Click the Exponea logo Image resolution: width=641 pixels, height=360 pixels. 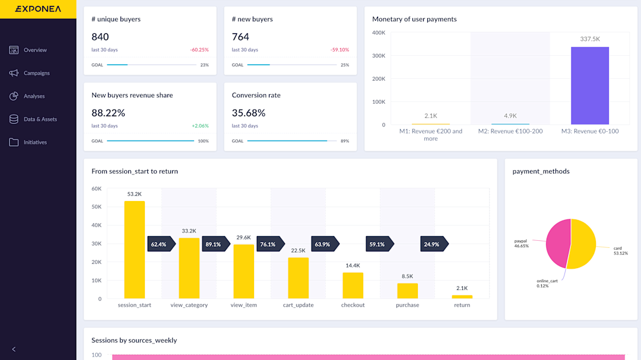(x=37, y=9)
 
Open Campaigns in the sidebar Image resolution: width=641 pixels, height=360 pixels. (x=36, y=73)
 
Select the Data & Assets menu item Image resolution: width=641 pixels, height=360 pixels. (x=40, y=119)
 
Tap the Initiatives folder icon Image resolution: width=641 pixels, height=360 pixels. (x=14, y=142)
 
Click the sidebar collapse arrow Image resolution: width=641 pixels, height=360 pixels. (x=14, y=349)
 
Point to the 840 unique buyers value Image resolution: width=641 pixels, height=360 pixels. (x=100, y=37)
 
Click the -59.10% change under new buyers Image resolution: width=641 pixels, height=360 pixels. (x=339, y=50)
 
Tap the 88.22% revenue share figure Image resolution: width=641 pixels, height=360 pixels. (x=109, y=113)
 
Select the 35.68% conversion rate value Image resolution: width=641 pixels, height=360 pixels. (x=249, y=113)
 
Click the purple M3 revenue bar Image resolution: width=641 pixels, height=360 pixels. (x=589, y=85)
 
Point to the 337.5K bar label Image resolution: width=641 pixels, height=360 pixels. (x=589, y=39)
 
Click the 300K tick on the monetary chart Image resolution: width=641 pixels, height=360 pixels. (x=378, y=56)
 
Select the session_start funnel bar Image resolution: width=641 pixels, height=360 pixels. (x=134, y=249)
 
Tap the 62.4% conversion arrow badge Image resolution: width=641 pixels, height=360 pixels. (x=158, y=244)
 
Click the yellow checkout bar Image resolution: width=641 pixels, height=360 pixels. (x=353, y=285)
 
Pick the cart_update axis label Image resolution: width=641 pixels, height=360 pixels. (x=298, y=305)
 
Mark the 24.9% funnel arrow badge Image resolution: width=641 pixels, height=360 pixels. (x=432, y=244)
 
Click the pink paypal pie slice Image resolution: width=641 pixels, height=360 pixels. (x=557, y=243)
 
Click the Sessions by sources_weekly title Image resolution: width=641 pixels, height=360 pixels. (x=134, y=340)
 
